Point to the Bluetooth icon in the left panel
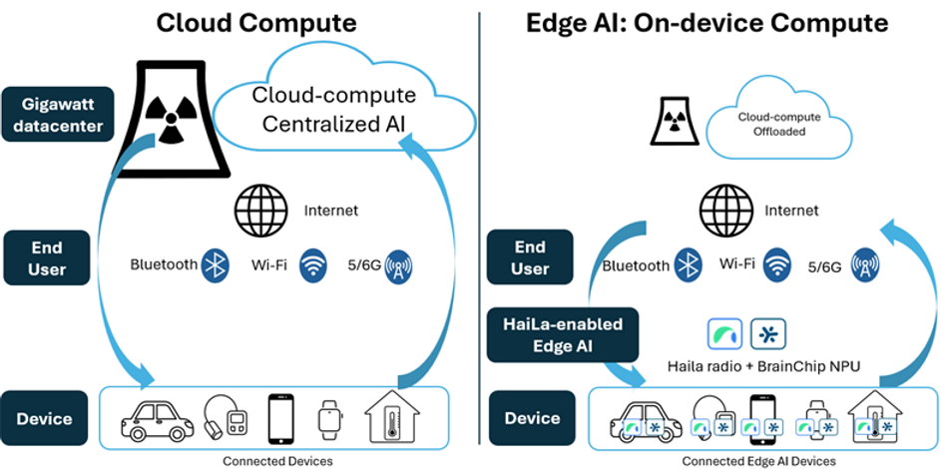click(216, 265)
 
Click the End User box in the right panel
click(530, 257)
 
